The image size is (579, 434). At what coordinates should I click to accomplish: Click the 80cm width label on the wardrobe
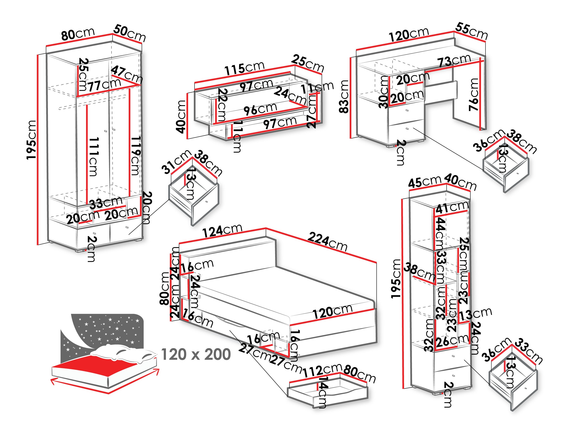click(x=78, y=34)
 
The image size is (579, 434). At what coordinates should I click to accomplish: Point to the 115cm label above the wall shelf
click(x=244, y=69)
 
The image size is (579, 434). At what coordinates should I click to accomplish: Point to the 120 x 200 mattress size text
click(x=196, y=354)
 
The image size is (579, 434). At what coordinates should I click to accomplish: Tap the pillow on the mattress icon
click(x=123, y=352)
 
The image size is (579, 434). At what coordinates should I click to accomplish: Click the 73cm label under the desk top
click(x=454, y=61)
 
